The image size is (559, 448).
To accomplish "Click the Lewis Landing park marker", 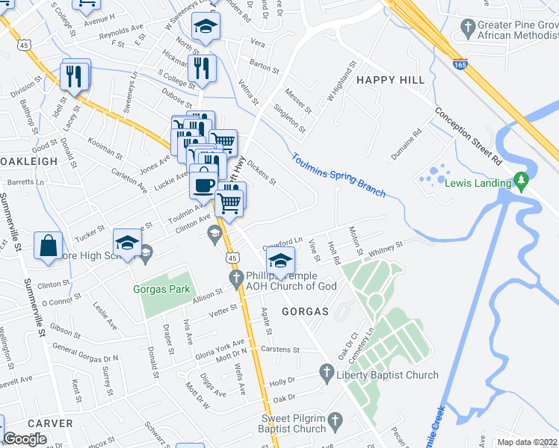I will tap(522, 181).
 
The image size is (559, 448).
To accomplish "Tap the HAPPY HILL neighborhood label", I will tap(390, 80).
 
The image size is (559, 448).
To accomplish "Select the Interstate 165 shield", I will tap(460, 65).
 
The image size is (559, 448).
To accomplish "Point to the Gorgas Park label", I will tap(161, 290).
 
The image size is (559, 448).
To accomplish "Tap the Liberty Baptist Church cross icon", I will tap(326, 371).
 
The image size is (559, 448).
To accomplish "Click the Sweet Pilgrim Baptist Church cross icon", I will tap(335, 420).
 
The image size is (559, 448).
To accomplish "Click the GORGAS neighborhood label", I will tap(306, 310).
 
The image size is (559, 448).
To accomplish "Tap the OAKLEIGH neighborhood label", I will tap(28, 161).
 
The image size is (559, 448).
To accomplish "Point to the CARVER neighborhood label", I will tap(50, 423).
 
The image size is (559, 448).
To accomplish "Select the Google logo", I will tap(25, 439).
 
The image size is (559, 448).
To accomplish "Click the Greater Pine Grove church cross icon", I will tap(468, 29).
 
